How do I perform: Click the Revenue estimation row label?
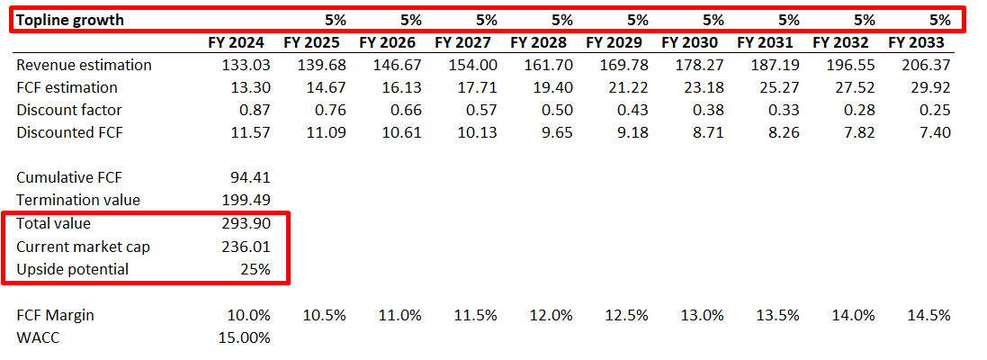tap(84, 65)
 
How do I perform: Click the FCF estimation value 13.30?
tap(249, 87)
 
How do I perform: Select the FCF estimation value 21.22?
tap(624, 87)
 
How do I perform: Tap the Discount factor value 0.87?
tap(253, 110)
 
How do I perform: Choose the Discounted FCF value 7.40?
tap(932, 132)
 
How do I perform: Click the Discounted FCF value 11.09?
tap(325, 132)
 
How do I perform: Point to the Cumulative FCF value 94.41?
tap(249, 177)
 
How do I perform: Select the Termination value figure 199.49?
tap(246, 200)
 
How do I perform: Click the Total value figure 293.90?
tap(246, 223)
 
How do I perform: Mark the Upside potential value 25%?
tap(256, 269)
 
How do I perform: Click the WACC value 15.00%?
tap(244, 337)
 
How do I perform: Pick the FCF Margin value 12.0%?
tap(551, 315)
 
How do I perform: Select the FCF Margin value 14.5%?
tap(929, 315)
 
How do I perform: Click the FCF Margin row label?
tap(55, 315)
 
